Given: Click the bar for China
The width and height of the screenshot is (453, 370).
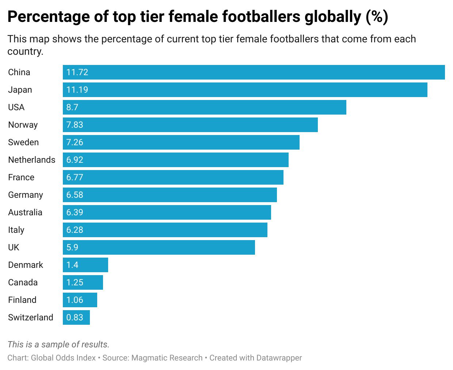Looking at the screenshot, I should click(254, 72).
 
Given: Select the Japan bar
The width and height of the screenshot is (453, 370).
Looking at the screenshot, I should click(245, 90).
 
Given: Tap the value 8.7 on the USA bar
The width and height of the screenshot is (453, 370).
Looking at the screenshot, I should click(72, 107).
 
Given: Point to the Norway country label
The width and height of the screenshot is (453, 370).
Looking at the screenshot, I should click(23, 125).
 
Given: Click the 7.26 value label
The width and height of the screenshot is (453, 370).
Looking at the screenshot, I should click(75, 142).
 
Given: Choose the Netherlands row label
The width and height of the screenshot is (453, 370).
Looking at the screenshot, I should click(32, 160).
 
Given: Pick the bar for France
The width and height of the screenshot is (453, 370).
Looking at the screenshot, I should click(173, 177).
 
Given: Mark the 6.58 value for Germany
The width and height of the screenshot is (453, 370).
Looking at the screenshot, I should click(75, 195).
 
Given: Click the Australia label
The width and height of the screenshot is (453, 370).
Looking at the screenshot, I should click(25, 212).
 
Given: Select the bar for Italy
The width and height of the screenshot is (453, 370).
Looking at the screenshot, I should click(165, 230).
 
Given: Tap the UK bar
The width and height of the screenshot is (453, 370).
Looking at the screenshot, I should click(159, 247).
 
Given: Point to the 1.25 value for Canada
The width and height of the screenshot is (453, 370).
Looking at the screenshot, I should click(75, 282).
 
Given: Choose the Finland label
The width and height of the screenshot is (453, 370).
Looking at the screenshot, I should click(22, 300).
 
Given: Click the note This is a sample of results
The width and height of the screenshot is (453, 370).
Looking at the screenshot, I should click(58, 344).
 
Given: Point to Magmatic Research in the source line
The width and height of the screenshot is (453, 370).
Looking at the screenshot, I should click(167, 358).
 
